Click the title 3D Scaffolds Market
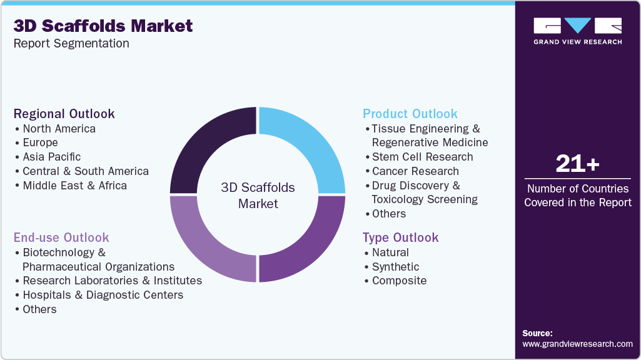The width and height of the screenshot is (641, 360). click(x=103, y=26)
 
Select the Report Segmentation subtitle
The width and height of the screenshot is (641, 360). click(x=71, y=44)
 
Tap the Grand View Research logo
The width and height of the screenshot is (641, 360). click(x=577, y=31)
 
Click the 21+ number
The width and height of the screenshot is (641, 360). click(x=577, y=164)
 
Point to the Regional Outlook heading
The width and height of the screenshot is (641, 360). click(x=64, y=114)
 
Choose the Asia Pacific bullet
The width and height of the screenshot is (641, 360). click(x=51, y=157)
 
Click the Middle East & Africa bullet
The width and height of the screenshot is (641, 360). click(x=74, y=186)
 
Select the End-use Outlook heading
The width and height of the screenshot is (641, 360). click(x=61, y=237)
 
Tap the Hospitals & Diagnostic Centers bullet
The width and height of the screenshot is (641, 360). click(x=103, y=295)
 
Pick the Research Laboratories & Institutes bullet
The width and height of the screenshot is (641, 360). click(x=112, y=281)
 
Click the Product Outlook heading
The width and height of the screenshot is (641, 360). click(x=410, y=114)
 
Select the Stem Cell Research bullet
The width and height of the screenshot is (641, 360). click(x=422, y=157)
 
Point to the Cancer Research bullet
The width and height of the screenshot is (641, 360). click(x=415, y=171)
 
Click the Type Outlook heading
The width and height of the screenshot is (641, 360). click(x=401, y=237)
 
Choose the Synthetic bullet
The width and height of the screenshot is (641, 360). click(x=395, y=267)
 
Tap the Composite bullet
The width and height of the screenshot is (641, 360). click(x=399, y=281)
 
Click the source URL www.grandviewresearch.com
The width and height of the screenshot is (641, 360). click(x=577, y=344)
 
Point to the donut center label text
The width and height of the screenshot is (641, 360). click(x=258, y=196)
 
